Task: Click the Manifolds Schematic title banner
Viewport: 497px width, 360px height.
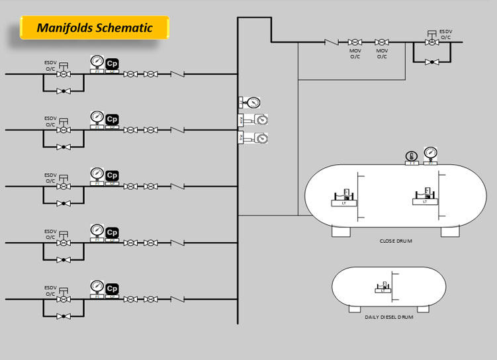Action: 94,28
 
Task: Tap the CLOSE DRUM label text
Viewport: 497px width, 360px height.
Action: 395,241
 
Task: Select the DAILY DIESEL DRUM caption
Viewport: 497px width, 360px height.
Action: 388,317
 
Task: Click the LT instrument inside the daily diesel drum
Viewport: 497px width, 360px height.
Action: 382,289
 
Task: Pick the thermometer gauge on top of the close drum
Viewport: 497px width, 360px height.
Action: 410,157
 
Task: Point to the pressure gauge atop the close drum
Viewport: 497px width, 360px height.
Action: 430,154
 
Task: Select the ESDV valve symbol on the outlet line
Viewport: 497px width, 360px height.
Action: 431,42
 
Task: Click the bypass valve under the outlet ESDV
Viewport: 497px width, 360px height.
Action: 431,62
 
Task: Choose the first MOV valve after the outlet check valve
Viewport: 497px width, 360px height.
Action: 355,42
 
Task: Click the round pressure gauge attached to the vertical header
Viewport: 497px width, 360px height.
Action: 253,103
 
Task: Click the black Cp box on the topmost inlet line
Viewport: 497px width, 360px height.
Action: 112,63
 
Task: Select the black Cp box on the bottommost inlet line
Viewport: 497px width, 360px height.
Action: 112,289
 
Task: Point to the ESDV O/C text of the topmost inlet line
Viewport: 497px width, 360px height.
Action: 50,66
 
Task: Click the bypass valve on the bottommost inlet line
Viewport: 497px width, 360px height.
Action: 64,316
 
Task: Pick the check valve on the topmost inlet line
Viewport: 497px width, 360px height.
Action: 177,74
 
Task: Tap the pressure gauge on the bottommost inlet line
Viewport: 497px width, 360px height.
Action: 97,287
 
